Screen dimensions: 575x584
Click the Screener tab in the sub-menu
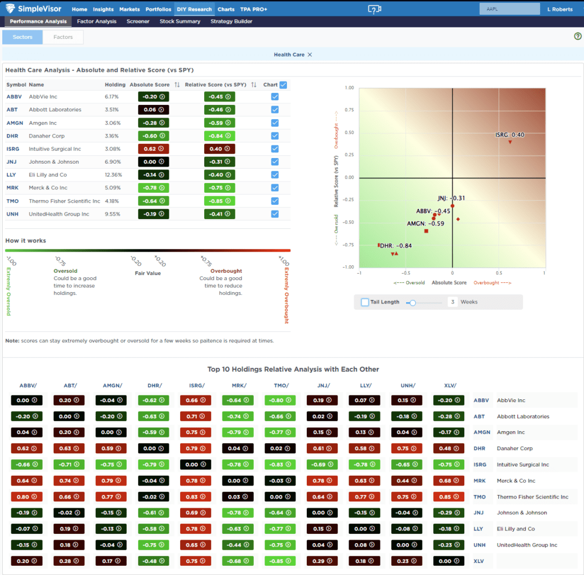[138, 22]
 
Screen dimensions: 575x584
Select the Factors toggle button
[63, 37]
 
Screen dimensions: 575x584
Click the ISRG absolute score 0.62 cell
[153, 149]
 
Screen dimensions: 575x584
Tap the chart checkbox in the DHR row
[275, 136]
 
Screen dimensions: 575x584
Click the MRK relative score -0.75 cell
[220, 188]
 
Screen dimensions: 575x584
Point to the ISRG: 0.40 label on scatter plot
[509, 135]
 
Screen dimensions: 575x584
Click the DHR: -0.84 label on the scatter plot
[396, 246]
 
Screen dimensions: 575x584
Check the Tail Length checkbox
[365, 302]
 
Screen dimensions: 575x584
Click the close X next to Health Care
[310, 55]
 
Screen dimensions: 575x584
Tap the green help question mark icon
[577, 37]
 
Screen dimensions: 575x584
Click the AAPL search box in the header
[509, 9]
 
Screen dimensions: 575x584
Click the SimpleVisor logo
[34, 9]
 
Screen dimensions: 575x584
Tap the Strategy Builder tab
[231, 22]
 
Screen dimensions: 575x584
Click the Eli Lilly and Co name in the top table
[48, 175]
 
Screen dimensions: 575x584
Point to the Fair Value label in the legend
[147, 273]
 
